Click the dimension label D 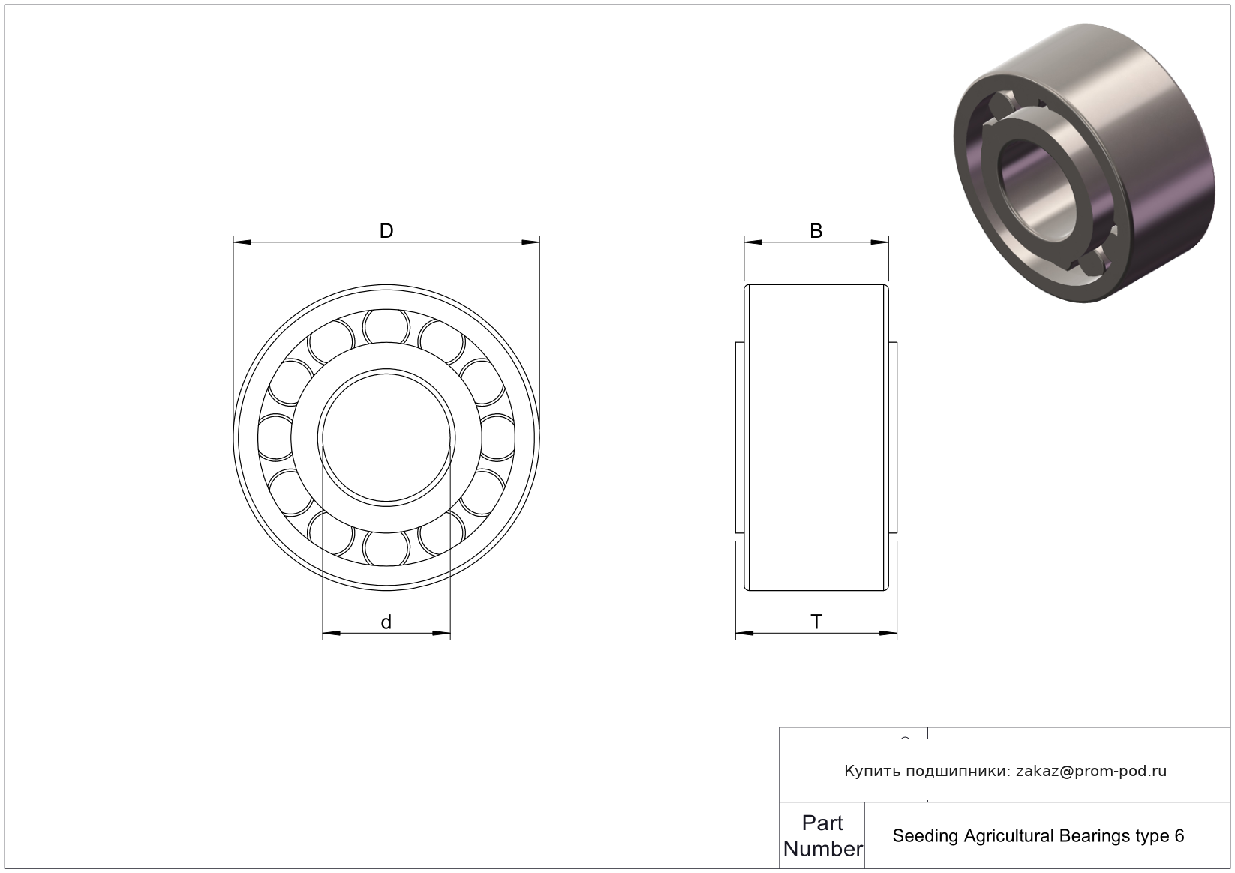click(x=386, y=230)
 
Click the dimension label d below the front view click(x=386, y=622)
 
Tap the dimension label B click(x=816, y=230)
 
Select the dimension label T click(x=816, y=622)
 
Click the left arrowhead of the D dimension click(x=242, y=242)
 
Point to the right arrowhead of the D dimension click(x=531, y=242)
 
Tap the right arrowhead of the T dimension click(x=888, y=633)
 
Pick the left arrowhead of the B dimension click(x=753, y=242)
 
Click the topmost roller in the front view click(x=386, y=326)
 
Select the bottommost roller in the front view click(x=386, y=549)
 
